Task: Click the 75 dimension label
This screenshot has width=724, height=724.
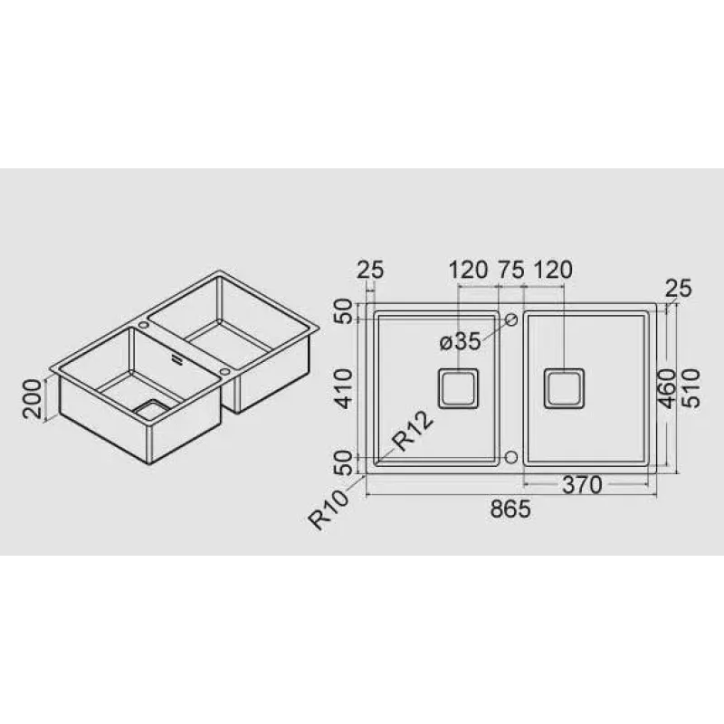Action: (511, 270)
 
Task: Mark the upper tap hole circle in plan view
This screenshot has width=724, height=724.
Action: (510, 319)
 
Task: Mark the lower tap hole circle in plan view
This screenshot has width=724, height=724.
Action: (510, 455)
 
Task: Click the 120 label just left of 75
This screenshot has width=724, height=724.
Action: (468, 270)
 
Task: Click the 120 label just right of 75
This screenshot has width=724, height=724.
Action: (554, 270)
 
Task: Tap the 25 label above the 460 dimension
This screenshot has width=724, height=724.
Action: (678, 289)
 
